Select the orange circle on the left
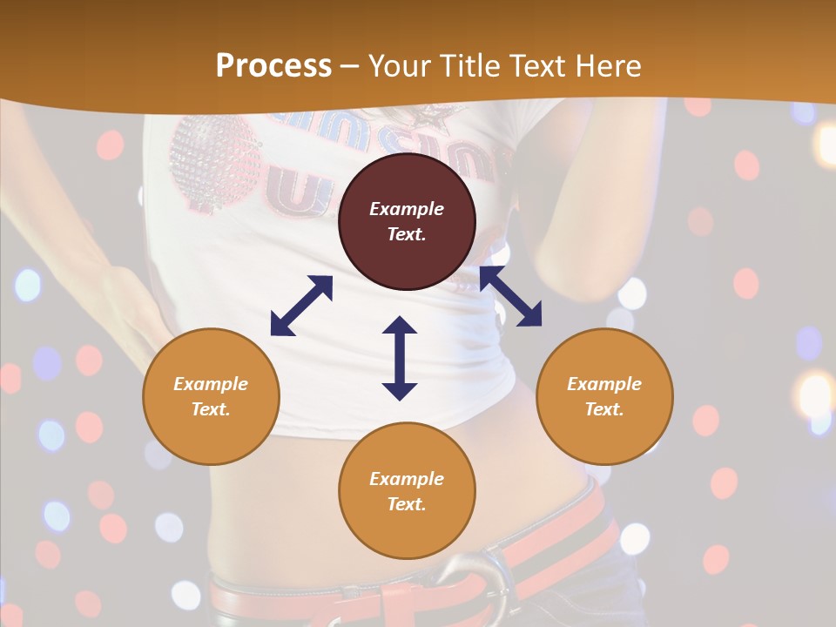pyautogui.click(x=211, y=396)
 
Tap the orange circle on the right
pyautogui.click(x=604, y=396)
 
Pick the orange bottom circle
pyautogui.click(x=407, y=491)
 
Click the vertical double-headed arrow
pyautogui.click(x=400, y=358)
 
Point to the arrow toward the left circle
pyautogui.click(x=301, y=306)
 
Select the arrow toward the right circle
pyautogui.click(x=510, y=296)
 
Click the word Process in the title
pyautogui.click(x=273, y=65)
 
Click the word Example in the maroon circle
pyautogui.click(x=407, y=209)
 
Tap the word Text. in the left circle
pyautogui.click(x=211, y=409)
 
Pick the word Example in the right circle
pyautogui.click(x=604, y=384)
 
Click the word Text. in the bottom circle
pyautogui.click(x=407, y=504)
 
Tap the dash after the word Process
pyautogui.click(x=350, y=65)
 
